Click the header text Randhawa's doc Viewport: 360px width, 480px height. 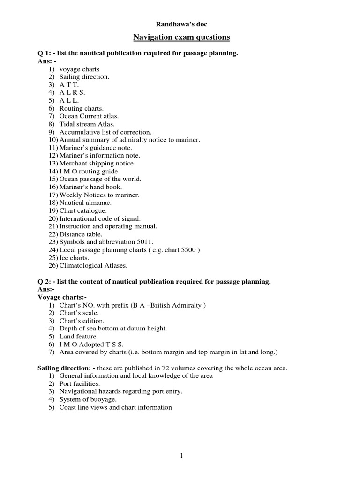tap(180, 23)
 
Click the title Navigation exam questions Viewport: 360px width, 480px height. tap(180, 37)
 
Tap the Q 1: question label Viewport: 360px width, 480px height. tap(45, 53)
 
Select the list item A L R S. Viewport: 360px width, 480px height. tap(72, 93)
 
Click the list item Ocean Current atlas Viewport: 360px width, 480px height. tap(89, 116)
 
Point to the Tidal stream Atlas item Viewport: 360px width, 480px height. tap(87, 124)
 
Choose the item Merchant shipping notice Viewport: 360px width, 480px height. tap(96, 164)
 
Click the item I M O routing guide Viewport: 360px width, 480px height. tap(89, 172)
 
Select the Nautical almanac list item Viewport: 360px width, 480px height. tap(85, 203)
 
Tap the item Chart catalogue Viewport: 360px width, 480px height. tap(83, 211)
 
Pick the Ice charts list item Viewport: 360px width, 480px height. tap(74, 258)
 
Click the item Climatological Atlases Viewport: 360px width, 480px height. tap(93, 266)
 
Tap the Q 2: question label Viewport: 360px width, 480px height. tap(45, 282)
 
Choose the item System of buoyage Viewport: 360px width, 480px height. tap(87, 400)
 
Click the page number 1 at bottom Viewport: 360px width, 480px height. tap(180, 454)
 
